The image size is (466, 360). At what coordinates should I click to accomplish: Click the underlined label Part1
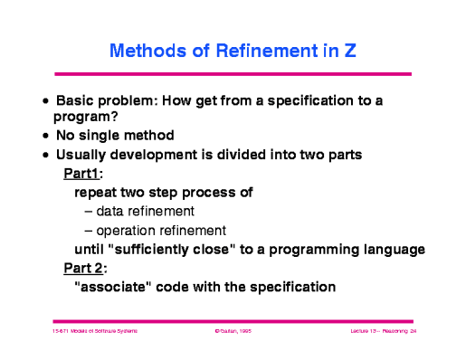coord(82,173)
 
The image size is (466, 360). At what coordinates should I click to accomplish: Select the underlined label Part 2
coord(84,268)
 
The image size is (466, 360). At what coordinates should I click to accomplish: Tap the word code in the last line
coord(177,288)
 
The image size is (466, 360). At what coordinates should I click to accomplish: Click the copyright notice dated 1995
coord(233,333)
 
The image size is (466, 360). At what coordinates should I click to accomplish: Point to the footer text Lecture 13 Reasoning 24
coord(382,333)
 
